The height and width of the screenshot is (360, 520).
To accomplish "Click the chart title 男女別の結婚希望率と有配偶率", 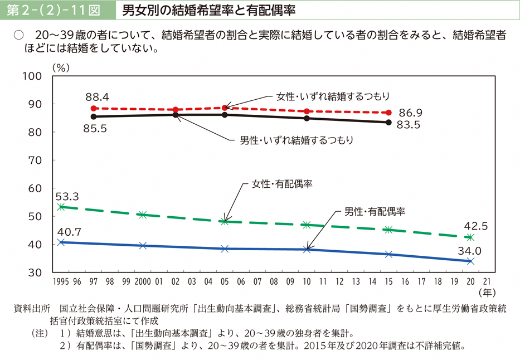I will pyautogui.click(x=208, y=9).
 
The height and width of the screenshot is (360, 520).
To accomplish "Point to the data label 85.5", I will pyautogui.click(x=94, y=128).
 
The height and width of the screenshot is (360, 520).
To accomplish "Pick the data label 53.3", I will pyautogui.click(x=67, y=196).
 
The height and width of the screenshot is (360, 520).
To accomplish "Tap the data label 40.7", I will pyautogui.click(x=67, y=232).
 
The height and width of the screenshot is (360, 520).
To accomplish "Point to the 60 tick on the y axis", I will pyautogui.click(x=35, y=188).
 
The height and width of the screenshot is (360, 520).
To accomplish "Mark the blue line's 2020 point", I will pyautogui.click(x=470, y=261).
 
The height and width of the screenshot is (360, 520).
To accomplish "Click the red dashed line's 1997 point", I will pyautogui.click(x=94, y=109).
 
